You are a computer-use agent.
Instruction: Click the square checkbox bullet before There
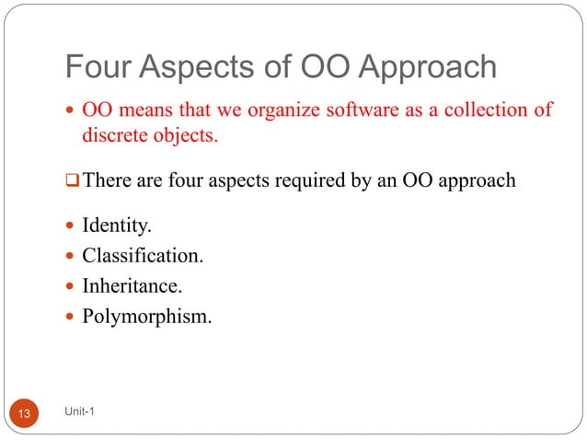coord(72,181)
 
